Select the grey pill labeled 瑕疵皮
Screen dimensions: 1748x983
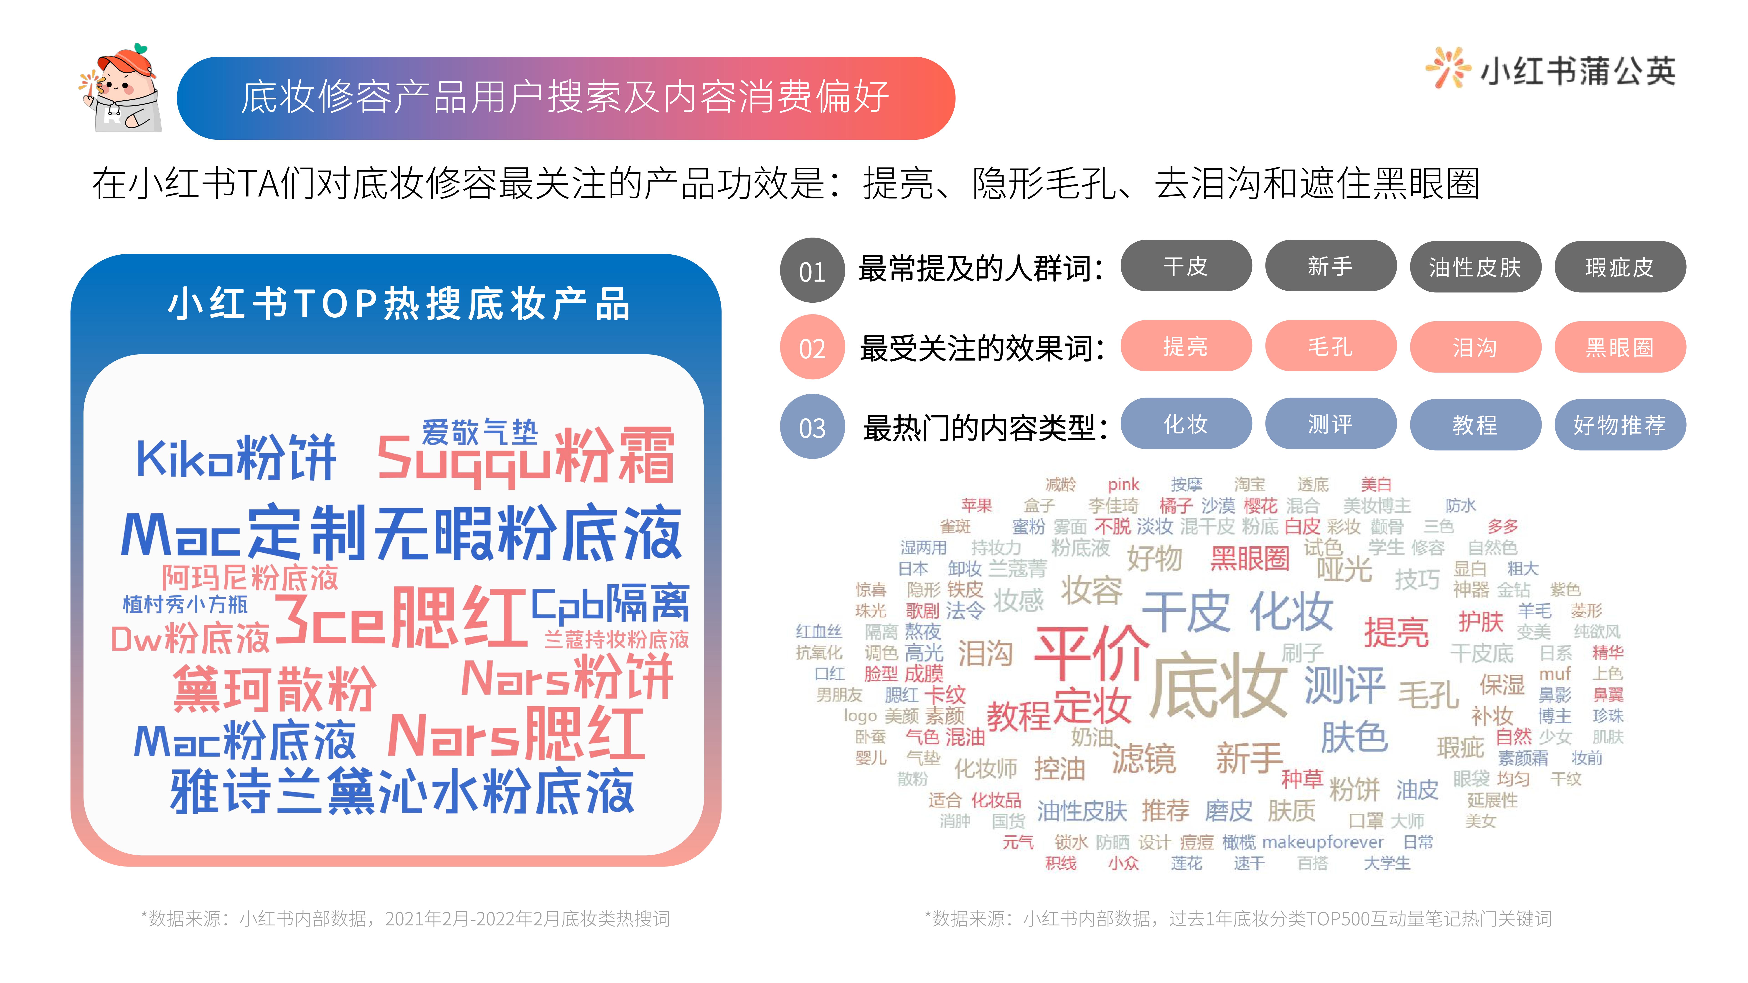point(1620,267)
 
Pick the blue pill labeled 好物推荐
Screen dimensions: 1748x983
point(1620,425)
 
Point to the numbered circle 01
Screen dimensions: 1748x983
point(812,270)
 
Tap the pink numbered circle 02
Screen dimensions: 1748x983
point(812,347)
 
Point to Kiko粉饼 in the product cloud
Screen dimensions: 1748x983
point(236,458)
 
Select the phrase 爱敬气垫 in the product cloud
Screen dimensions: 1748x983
point(480,431)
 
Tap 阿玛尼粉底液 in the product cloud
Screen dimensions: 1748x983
point(250,577)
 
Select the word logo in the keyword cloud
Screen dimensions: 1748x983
point(860,716)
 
